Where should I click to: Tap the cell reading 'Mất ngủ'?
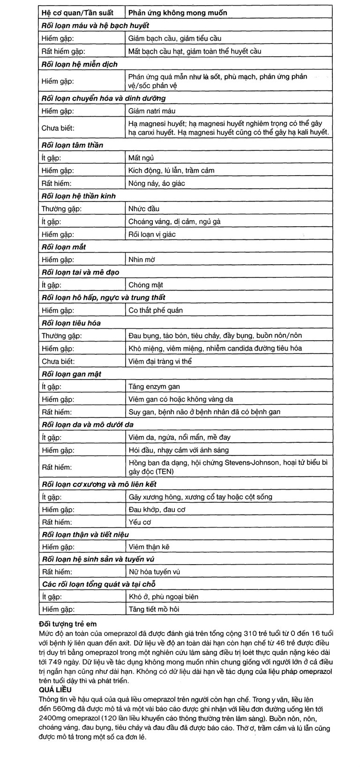pyautogui.click(x=141, y=158)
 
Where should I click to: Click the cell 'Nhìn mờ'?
pyautogui.click(x=142, y=260)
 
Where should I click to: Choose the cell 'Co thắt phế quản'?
pyautogui.click(x=156, y=310)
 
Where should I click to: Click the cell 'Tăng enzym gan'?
pyautogui.click(x=154, y=387)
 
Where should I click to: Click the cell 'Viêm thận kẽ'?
pyautogui.click(x=149, y=547)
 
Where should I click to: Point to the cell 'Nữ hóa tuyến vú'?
pyautogui.click(x=154, y=572)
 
